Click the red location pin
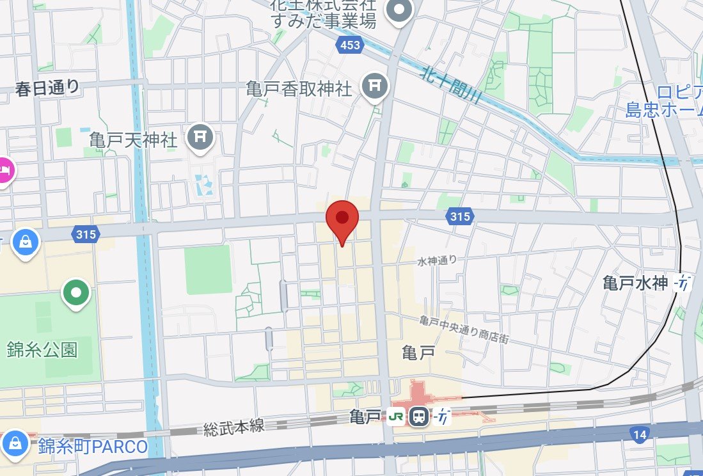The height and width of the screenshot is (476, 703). pos(342,219)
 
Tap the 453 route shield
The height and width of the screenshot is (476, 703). pos(350,45)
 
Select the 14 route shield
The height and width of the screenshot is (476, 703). pos(640,436)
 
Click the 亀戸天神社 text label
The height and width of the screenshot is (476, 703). pos(133,139)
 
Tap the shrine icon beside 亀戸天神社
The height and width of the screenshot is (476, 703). pos(200,136)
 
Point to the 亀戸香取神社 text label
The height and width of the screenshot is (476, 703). pos(299,88)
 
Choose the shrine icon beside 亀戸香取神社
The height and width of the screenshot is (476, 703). pos(375,84)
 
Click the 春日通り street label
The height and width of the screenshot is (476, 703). pos(48,88)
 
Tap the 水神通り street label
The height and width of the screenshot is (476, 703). pos(438,260)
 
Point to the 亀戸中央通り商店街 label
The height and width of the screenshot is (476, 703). pos(464,329)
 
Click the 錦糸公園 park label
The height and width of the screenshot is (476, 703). pos(42,350)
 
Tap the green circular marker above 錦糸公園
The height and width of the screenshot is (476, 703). pos(76,294)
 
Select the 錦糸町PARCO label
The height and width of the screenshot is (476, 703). pos(92,445)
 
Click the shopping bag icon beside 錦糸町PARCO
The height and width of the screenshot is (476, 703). pos(14,441)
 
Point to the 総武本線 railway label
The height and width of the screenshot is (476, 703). pos(234,427)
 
